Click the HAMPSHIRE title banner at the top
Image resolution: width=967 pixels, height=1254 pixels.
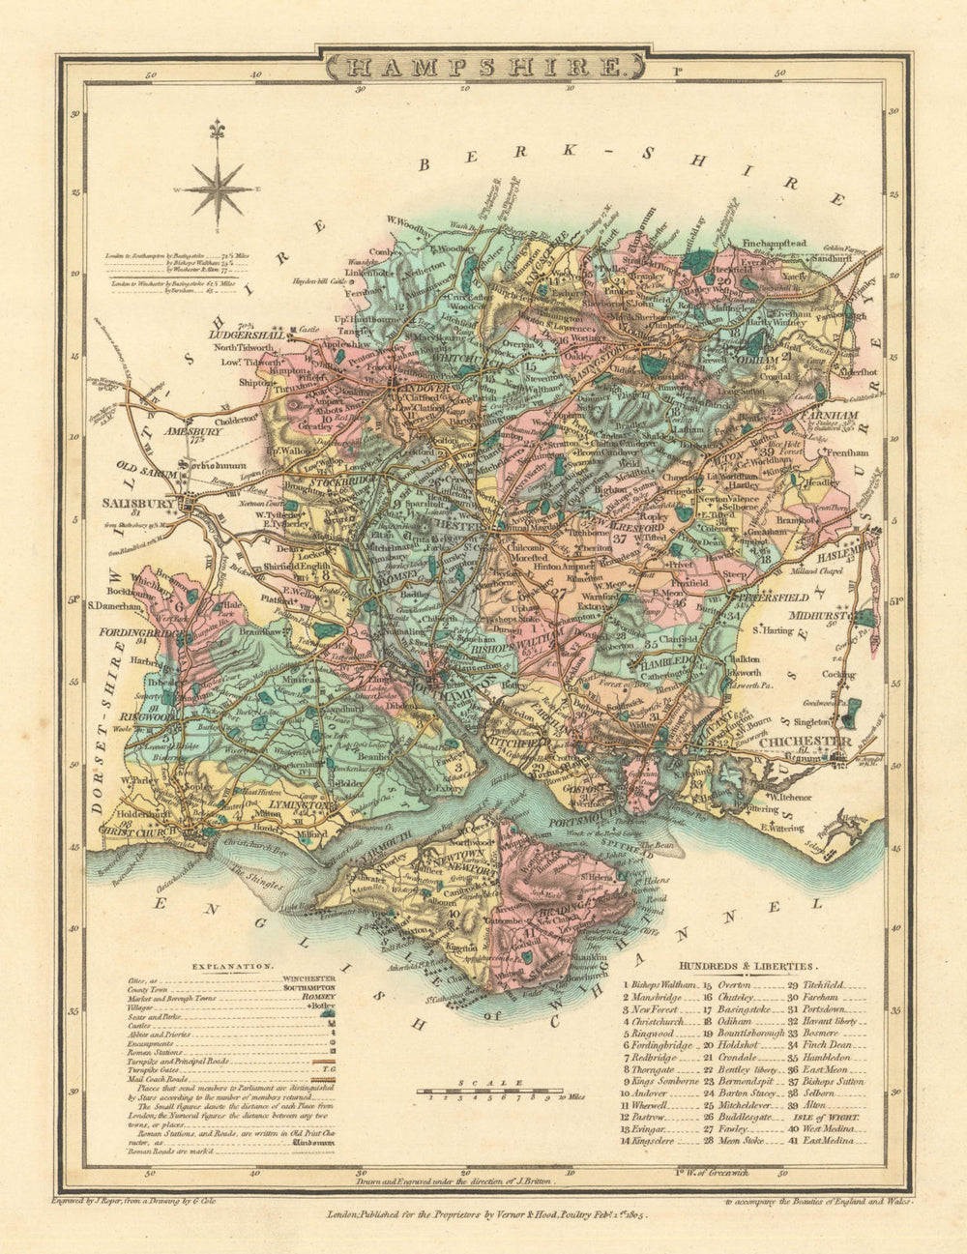pyautogui.click(x=483, y=68)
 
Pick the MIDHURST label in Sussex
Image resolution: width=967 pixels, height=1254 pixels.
pyautogui.click(x=817, y=615)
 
